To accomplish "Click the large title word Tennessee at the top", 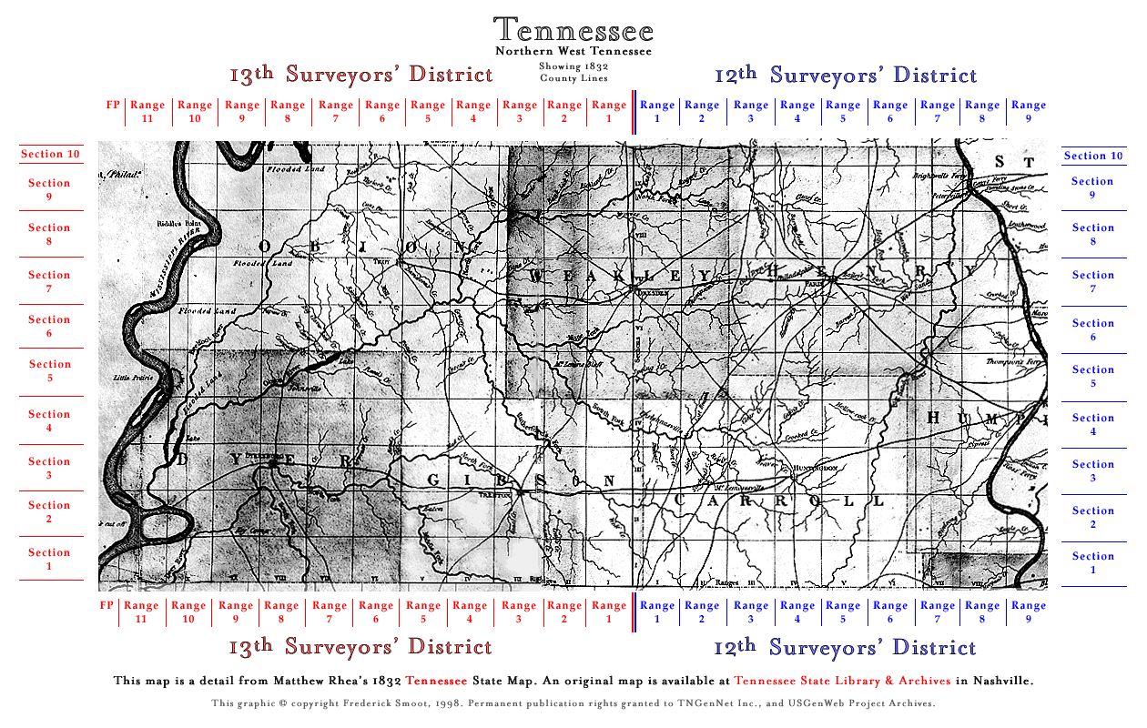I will (x=573, y=30).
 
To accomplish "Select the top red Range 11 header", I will (x=147, y=111).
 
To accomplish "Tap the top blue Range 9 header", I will (x=1029, y=111).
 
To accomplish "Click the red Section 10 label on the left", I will (x=50, y=155).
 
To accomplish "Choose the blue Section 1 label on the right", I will (x=1093, y=563).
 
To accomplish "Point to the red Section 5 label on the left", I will (x=49, y=370).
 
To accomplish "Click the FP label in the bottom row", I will (x=107, y=605).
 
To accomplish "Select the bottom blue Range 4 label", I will (x=797, y=612).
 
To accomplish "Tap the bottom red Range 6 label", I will (x=376, y=612).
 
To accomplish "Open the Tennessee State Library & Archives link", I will (x=842, y=681).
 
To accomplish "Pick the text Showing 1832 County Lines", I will (x=573, y=73).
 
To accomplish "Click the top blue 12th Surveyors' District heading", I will (x=846, y=76).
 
